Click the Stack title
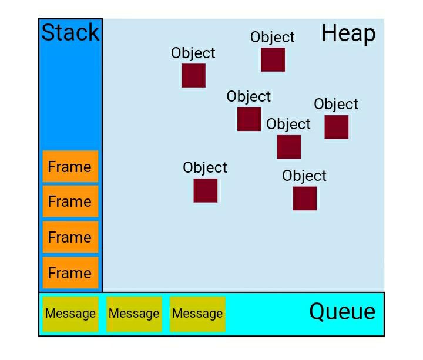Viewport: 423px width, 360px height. (x=70, y=32)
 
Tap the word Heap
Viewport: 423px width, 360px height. (x=348, y=33)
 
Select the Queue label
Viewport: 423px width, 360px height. (x=343, y=312)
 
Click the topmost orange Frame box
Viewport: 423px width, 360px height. (x=70, y=166)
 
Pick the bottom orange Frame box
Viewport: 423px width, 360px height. (x=70, y=272)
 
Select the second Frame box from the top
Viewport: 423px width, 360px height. (x=70, y=201)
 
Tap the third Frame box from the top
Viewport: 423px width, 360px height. (x=70, y=237)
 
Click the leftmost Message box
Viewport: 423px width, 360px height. (x=70, y=314)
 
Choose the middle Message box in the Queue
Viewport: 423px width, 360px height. (x=134, y=314)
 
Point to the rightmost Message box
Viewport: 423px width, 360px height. (x=197, y=314)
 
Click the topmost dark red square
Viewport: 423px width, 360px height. (x=273, y=59)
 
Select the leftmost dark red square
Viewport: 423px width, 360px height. (x=193, y=76)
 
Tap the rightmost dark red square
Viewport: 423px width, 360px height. (x=337, y=127)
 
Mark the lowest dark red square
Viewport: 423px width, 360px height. (x=304, y=198)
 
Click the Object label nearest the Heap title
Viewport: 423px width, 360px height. (x=273, y=37)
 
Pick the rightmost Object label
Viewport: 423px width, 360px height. (x=336, y=104)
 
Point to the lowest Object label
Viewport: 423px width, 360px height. (x=304, y=176)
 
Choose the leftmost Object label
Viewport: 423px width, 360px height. (x=193, y=53)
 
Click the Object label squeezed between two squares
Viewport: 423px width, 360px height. (x=288, y=124)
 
